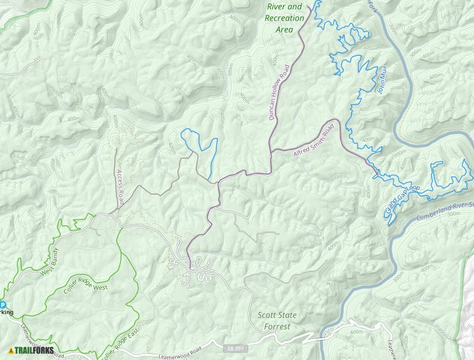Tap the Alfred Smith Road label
point(313,140)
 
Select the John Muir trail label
point(382,80)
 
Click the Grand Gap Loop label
point(402,200)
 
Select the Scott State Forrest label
point(277,320)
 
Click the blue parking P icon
point(2,305)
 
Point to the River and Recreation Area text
point(284,18)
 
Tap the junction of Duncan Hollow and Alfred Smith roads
point(271,151)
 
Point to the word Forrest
point(277,327)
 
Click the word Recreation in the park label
point(284,18)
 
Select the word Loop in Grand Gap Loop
point(413,189)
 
